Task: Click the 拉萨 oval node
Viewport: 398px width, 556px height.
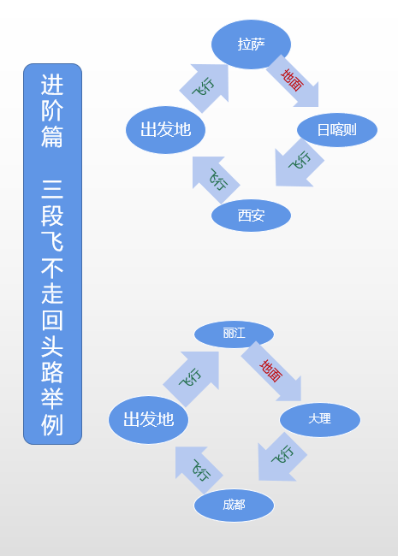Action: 251,44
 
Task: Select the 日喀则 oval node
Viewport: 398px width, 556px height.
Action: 337,130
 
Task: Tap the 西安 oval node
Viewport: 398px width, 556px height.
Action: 251,216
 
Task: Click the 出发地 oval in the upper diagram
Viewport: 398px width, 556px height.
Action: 165,130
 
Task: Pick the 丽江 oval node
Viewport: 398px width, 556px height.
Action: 234,334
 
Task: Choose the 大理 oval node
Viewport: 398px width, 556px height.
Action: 320,419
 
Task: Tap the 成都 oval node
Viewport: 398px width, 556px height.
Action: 234,505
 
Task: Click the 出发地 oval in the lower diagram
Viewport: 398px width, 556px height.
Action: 148,419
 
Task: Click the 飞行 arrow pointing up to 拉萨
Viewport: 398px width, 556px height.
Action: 204,87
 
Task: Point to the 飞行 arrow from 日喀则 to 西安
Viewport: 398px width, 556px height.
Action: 296,163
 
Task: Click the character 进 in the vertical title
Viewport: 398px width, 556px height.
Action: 52,86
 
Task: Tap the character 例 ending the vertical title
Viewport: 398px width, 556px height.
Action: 52,424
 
